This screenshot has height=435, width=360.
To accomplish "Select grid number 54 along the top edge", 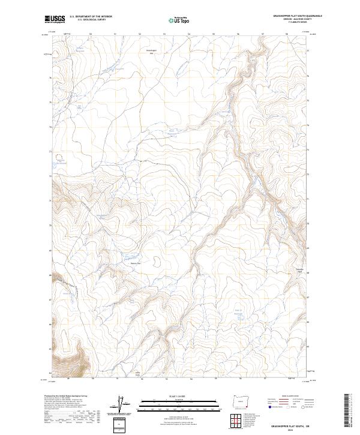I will [x=189, y=35].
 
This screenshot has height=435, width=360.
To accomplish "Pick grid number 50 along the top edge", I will [x=90, y=35].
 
